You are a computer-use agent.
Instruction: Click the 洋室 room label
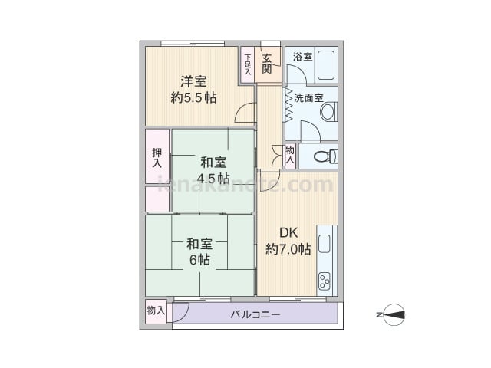[193, 82]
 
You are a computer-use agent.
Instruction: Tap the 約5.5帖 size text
[193, 98]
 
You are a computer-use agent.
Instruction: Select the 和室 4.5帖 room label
[213, 170]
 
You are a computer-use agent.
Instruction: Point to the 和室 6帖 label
[199, 252]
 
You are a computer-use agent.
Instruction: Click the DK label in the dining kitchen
[288, 233]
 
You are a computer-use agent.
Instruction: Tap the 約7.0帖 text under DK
[288, 249]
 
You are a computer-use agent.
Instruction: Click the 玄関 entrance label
[267, 64]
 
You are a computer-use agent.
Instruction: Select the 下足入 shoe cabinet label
[248, 64]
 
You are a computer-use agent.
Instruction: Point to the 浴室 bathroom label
[302, 57]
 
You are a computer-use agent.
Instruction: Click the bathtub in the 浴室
[326, 65]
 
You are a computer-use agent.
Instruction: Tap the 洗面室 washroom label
[308, 98]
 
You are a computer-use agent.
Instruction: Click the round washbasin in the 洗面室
[328, 112]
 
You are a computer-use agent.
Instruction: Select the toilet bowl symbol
[325, 156]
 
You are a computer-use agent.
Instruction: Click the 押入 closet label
[157, 158]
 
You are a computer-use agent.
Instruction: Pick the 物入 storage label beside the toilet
[290, 155]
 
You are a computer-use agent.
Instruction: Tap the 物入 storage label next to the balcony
[156, 310]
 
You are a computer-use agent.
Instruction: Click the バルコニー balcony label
[255, 314]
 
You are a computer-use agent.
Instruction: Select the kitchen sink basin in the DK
[325, 244]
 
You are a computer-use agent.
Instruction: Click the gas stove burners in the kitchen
[325, 281]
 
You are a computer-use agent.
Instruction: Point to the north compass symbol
[394, 315]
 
